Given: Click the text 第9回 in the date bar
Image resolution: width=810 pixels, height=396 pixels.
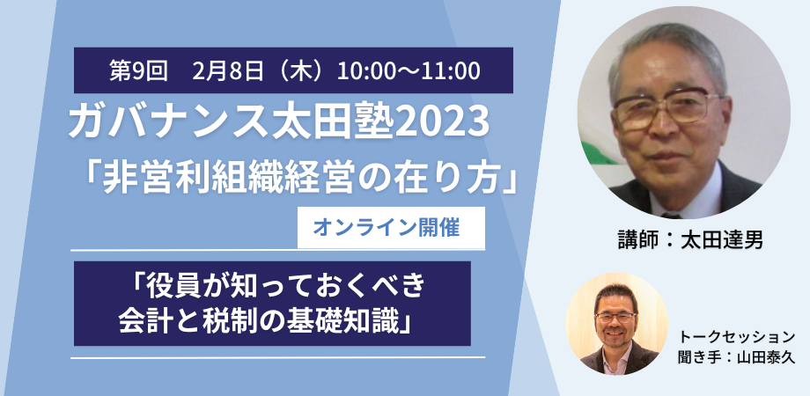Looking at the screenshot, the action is point(138,70).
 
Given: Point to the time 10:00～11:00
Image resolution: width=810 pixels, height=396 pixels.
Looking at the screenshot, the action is point(409,70).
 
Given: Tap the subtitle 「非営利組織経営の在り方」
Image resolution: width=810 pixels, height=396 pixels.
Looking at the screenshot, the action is point(300,176).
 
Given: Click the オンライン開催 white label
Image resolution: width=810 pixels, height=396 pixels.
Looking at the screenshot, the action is point(391,228).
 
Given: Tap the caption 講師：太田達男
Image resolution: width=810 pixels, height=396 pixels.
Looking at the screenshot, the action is point(690,240).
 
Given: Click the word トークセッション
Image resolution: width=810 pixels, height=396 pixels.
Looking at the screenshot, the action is point(737,337).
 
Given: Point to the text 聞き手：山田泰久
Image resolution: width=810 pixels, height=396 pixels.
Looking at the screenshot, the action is point(737,357).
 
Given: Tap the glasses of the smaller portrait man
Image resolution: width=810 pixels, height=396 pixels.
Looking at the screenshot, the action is point(615,318).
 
